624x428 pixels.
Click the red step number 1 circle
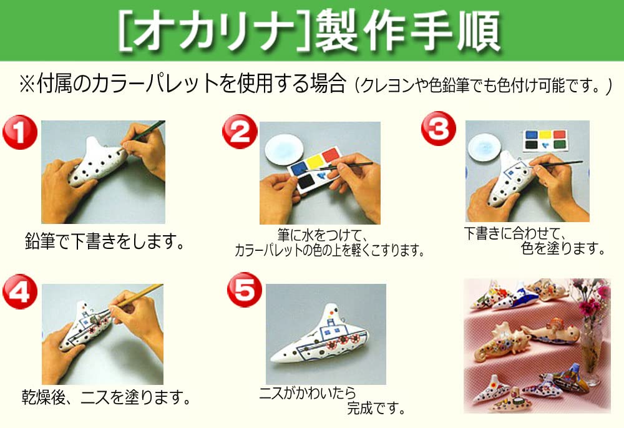(20, 134)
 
